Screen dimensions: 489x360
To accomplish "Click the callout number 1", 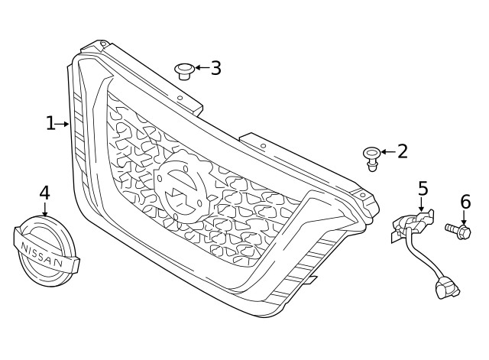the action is click(x=50, y=123).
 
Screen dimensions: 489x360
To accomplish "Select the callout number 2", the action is click(x=403, y=151).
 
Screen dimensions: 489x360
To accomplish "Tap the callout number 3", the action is click(x=215, y=68).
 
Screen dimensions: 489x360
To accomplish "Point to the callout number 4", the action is click(x=44, y=193).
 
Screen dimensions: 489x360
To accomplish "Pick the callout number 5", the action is click(x=423, y=188).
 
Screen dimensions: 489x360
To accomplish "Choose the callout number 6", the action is click(x=465, y=202).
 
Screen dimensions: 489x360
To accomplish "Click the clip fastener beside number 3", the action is click(x=184, y=71).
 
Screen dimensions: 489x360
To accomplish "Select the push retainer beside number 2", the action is click(x=372, y=159).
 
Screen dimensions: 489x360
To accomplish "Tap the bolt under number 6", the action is click(x=458, y=232).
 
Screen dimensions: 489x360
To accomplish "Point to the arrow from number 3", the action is click(x=202, y=67).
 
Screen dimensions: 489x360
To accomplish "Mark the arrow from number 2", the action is click(x=388, y=152).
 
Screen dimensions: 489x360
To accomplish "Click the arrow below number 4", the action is click(x=45, y=209).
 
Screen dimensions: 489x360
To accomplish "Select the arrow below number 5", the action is click(x=421, y=204).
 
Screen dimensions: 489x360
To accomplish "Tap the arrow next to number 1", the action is click(x=62, y=124).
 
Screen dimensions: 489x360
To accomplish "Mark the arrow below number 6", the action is click(x=464, y=217).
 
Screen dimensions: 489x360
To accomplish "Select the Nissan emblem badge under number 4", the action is click(x=46, y=251).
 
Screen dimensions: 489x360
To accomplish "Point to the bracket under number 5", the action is click(x=413, y=224).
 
